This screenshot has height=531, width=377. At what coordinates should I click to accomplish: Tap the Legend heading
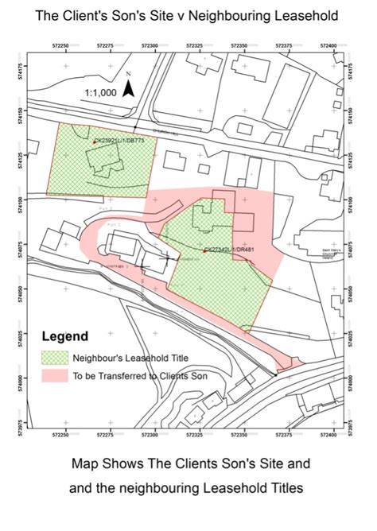tap(65, 336)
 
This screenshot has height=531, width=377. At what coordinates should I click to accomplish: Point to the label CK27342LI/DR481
tap(231, 250)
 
